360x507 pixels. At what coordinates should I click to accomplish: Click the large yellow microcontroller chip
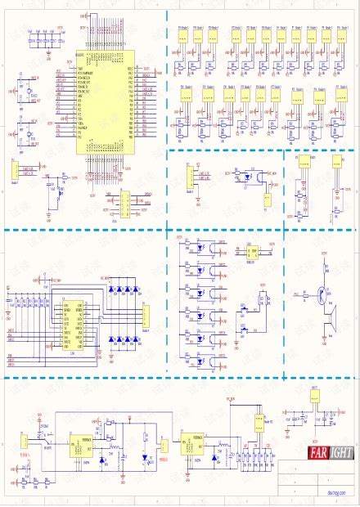[104, 102]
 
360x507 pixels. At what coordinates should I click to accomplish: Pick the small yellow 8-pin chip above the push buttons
[254, 252]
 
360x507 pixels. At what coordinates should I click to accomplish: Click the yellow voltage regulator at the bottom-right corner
[316, 397]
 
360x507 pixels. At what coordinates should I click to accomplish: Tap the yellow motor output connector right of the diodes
[145, 315]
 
